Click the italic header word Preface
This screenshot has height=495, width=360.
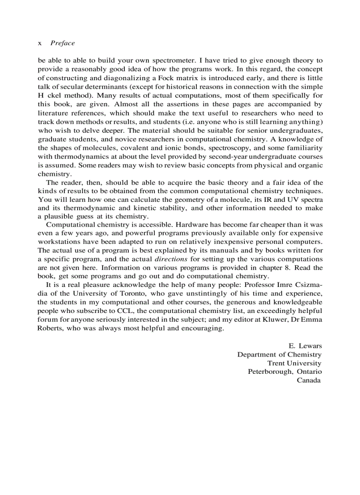pos(63,43)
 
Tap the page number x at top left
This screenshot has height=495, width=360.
pos(40,43)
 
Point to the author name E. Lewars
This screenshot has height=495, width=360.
pos(304,346)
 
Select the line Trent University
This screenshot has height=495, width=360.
pos(294,363)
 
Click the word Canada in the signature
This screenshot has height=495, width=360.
pos(308,380)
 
